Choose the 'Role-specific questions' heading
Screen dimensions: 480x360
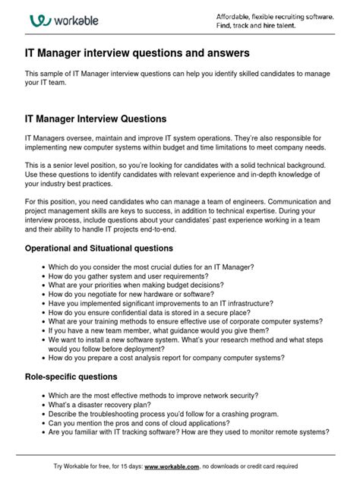[71, 377]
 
